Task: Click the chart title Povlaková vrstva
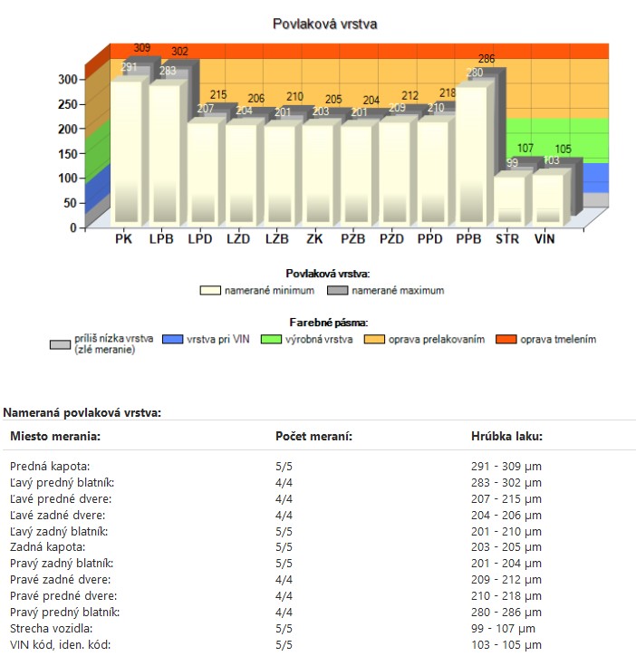pos(324,24)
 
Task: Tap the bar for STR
pos(508,199)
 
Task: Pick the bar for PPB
pos(470,154)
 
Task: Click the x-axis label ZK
pos(315,240)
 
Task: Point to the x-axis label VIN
pos(544,240)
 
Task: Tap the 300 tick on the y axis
pos(68,79)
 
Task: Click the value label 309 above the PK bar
pos(142,48)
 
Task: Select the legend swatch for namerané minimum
pos(211,291)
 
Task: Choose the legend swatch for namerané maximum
pos(337,291)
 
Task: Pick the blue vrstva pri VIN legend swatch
pos(173,340)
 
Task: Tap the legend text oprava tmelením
pos(558,340)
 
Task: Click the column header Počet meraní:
pos(313,437)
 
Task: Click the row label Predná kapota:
pos(46,466)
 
